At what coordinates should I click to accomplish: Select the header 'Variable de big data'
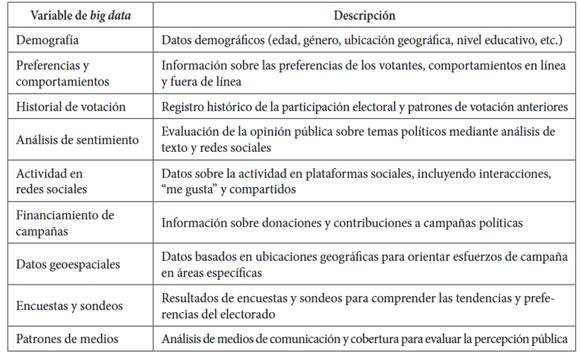pyautogui.click(x=76, y=15)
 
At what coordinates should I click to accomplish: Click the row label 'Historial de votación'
pyautogui.click(x=75, y=106)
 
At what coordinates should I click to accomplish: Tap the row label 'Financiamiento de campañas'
pyautogui.click(x=66, y=222)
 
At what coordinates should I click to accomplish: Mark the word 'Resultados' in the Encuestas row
pyautogui.click(x=191, y=295)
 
